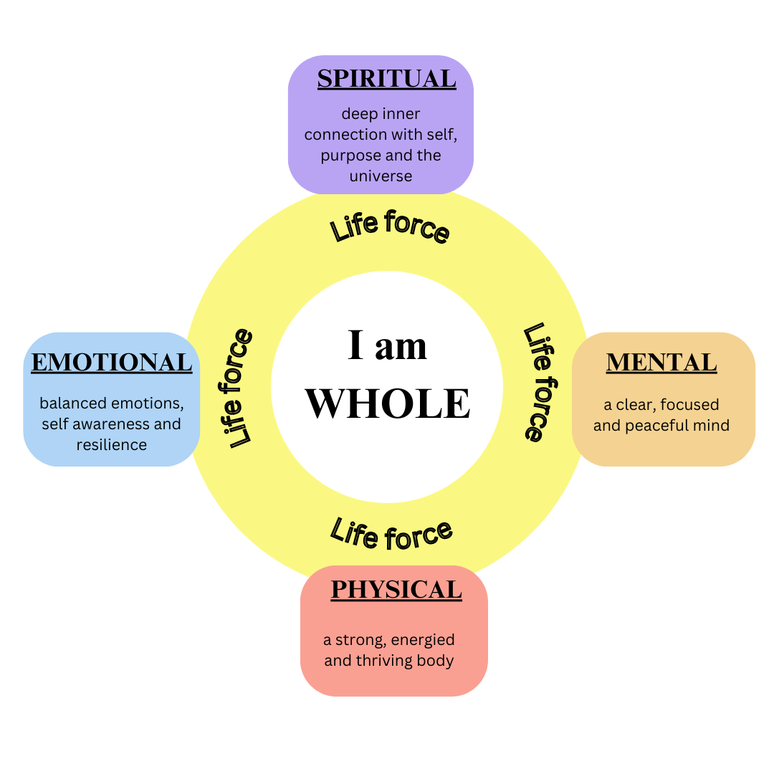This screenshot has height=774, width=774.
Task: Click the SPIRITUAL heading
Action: click(x=386, y=78)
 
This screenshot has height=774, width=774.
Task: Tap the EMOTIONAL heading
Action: click(x=112, y=363)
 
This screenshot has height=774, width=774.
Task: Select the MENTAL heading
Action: click(x=661, y=363)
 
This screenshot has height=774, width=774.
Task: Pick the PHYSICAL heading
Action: click(x=396, y=589)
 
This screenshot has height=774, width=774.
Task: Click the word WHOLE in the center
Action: click(x=388, y=403)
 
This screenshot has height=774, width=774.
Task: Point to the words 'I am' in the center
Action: click(x=387, y=346)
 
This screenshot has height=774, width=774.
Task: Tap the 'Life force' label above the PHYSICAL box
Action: click(x=391, y=534)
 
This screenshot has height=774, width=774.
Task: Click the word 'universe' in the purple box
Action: click(x=381, y=176)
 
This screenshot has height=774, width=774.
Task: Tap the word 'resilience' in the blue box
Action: click(x=112, y=444)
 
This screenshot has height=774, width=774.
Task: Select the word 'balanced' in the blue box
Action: click(x=72, y=403)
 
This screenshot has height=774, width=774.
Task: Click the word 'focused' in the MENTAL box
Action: click(x=690, y=405)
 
